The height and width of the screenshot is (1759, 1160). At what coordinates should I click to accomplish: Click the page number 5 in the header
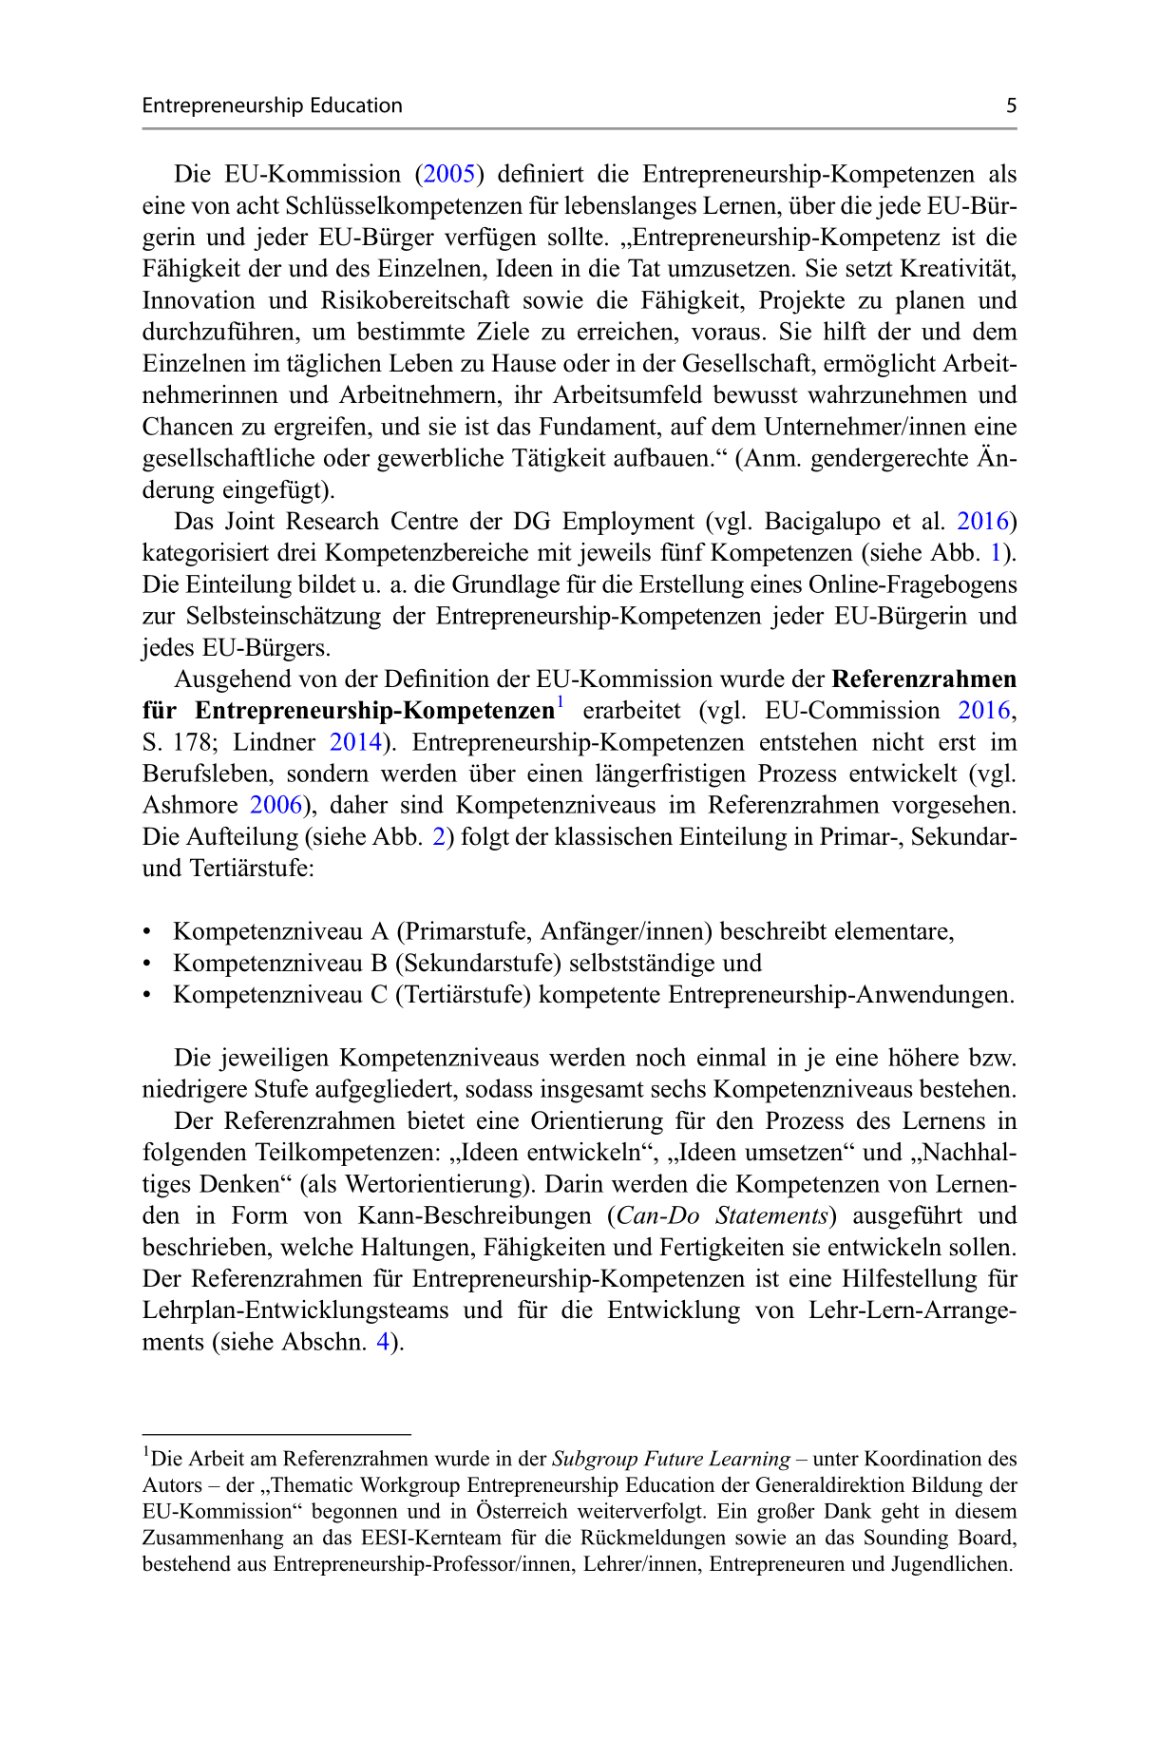(1011, 105)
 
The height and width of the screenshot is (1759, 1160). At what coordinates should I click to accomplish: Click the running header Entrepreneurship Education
(272, 105)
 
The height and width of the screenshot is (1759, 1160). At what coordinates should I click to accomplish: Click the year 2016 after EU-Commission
(983, 711)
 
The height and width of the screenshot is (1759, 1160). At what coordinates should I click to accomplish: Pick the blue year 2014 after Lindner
(355, 742)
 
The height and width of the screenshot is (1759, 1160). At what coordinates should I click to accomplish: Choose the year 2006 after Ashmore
(276, 805)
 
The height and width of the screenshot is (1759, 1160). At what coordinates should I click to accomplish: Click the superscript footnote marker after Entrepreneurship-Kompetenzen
(561, 703)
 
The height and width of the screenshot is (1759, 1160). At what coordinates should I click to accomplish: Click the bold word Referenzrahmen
(923, 679)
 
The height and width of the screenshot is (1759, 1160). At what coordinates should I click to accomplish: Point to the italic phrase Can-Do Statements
(724, 1216)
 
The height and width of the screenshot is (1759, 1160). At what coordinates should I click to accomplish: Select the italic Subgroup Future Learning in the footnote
(671, 1459)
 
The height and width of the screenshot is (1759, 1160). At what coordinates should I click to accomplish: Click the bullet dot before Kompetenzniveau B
(147, 964)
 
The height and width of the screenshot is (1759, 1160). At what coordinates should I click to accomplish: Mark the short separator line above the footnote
(276, 1433)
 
